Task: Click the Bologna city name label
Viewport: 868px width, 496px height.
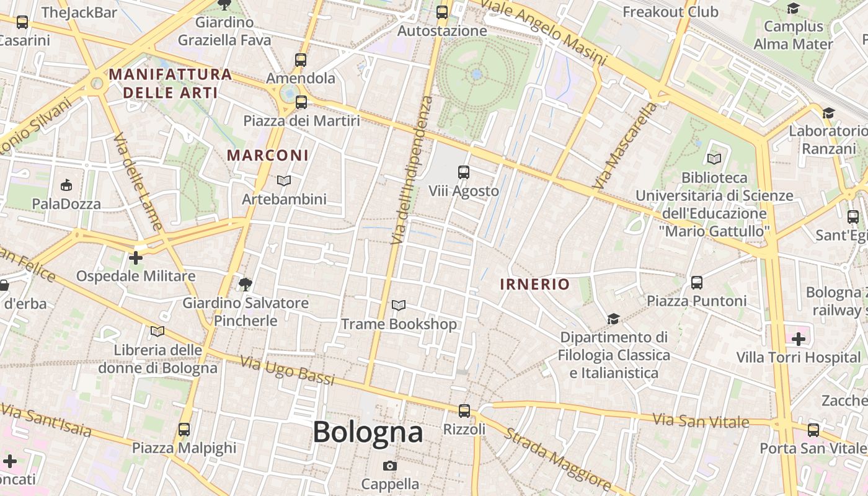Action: coord(368,432)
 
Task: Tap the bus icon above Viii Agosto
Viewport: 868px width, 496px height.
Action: coord(464,172)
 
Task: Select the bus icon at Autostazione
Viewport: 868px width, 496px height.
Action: coord(442,12)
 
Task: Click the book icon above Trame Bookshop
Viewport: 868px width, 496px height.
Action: coord(399,306)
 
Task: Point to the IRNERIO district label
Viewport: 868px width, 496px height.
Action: coord(534,285)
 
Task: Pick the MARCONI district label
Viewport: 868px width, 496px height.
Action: coord(268,155)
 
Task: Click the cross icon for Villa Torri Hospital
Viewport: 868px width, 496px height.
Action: coord(799,339)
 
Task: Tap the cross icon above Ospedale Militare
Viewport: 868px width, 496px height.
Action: coord(136,258)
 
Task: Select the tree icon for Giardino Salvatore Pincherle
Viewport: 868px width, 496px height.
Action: coord(246,285)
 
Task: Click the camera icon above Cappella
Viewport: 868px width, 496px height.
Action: coord(390,466)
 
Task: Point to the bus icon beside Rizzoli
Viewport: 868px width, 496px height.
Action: coord(464,410)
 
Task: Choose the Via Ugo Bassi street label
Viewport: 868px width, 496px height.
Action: coord(286,370)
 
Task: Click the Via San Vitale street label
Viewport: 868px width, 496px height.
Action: coord(701,421)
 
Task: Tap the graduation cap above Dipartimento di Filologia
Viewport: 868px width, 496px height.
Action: coord(613,319)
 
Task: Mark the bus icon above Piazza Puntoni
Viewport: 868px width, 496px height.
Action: coord(697,283)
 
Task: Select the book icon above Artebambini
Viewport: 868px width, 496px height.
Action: coord(284,180)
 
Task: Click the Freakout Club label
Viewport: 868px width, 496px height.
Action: coord(670,12)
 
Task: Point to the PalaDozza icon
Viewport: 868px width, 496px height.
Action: coord(66,185)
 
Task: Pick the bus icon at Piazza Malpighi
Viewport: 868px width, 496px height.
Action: coord(184,429)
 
